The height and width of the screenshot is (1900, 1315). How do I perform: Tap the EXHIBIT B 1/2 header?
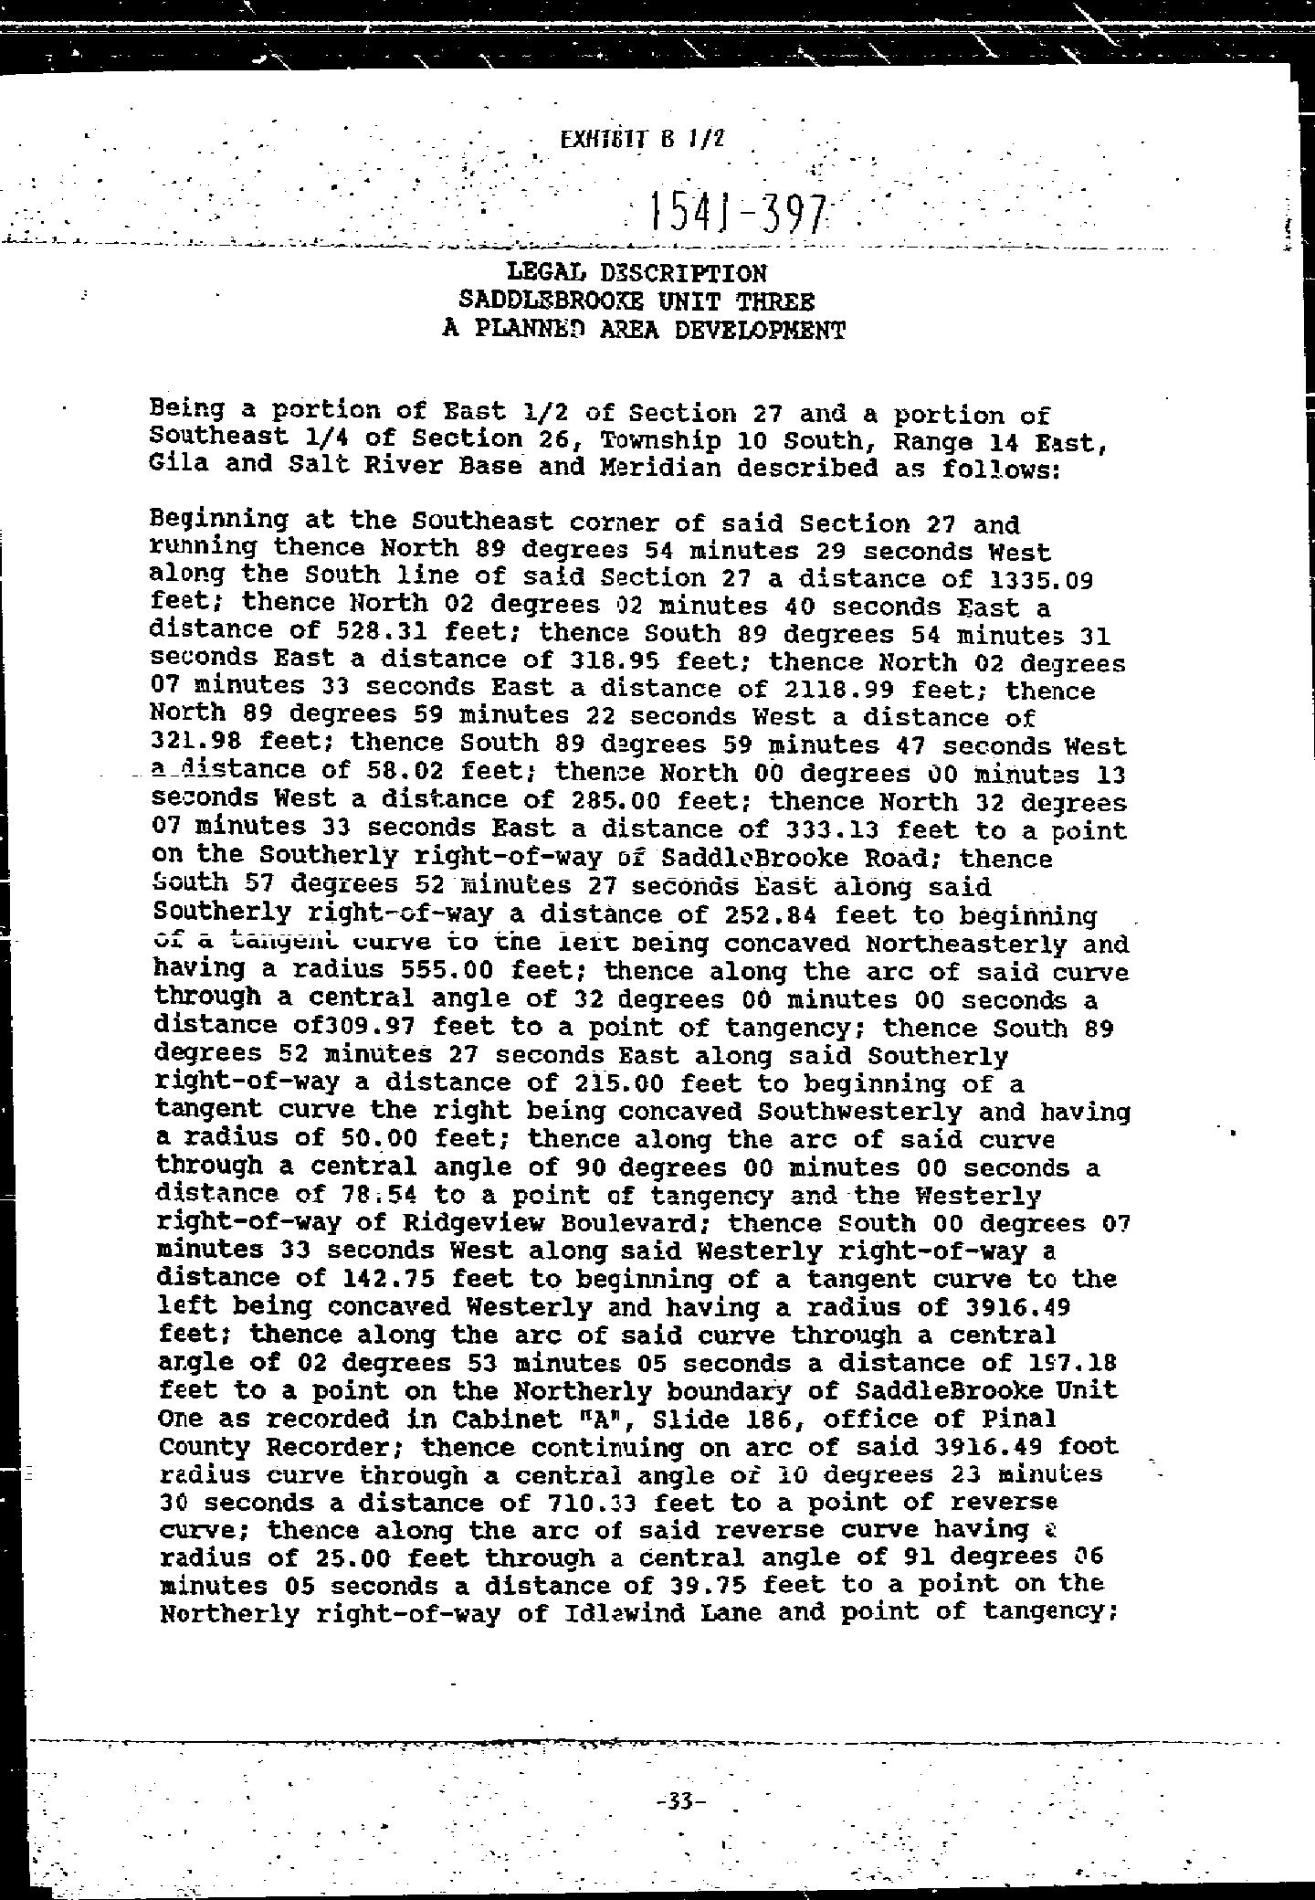point(643,140)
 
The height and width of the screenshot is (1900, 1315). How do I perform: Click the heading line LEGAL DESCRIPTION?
point(636,272)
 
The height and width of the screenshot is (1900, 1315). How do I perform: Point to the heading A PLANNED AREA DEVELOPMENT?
point(643,329)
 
